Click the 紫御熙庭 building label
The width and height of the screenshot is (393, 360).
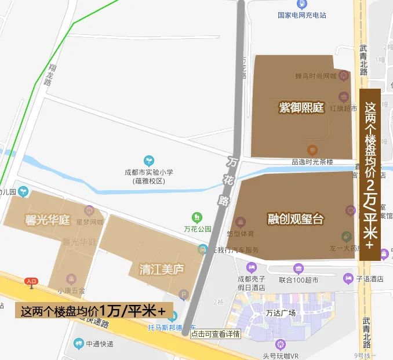(301, 107)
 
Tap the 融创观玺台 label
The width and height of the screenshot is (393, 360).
(296, 219)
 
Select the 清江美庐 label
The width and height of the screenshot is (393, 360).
(162, 269)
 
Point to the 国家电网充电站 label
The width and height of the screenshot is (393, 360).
(302, 15)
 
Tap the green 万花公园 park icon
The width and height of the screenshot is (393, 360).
(198, 217)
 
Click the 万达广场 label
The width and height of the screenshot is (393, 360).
(281, 312)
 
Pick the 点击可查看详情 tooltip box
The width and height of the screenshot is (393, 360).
(216, 334)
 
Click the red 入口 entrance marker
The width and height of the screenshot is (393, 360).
(31, 282)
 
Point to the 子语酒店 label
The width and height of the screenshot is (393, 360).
(370, 279)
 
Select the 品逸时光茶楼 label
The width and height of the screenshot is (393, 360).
(312, 161)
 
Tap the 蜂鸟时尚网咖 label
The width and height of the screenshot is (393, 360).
(316, 76)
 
